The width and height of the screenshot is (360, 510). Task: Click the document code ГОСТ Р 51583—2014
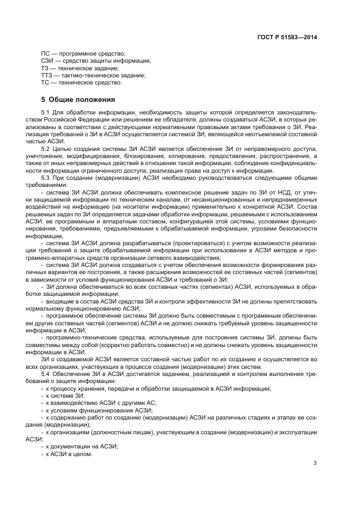click(x=287, y=37)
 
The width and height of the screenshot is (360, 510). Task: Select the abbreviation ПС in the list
click(x=45, y=53)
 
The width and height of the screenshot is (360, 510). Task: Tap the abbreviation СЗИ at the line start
click(x=47, y=61)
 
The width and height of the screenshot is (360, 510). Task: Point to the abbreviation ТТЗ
click(x=47, y=76)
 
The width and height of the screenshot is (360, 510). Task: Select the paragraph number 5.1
click(x=46, y=112)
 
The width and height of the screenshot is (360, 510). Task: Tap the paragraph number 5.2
click(x=46, y=148)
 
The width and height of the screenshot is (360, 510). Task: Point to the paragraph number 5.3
click(x=46, y=178)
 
